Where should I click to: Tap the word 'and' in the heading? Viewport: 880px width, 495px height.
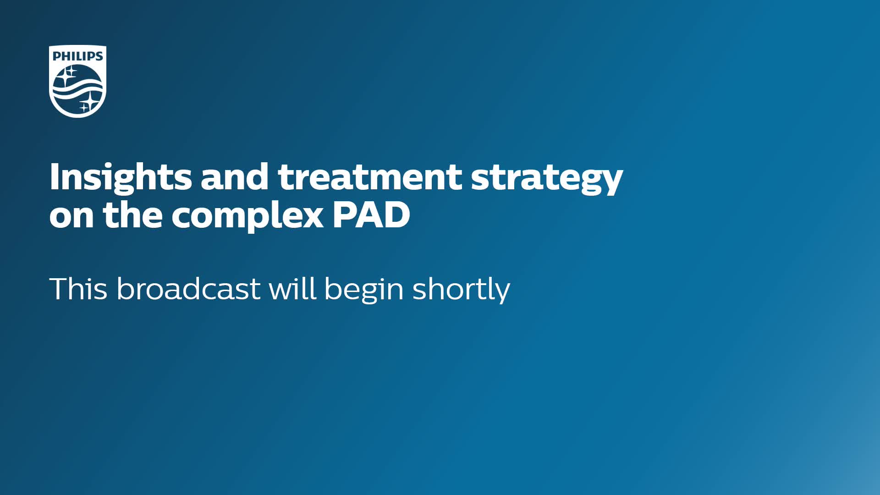coord(235,176)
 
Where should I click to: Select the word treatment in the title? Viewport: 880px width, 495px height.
coord(370,177)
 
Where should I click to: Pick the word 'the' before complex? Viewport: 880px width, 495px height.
coord(132,214)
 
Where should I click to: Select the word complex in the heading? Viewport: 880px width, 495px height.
coord(247,217)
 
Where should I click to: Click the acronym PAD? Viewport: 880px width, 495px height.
coord(371,214)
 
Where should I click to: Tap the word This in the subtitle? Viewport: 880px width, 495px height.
coord(78,289)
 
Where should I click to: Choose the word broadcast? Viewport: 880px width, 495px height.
coord(189,289)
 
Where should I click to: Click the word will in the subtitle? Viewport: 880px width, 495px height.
coord(292,288)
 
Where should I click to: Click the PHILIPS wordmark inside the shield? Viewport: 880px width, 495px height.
coord(78,56)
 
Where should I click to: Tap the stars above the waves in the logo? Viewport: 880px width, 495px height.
coord(69,74)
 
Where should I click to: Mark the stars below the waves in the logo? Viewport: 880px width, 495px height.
coord(88,103)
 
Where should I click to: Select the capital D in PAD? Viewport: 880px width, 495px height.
coord(398,214)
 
